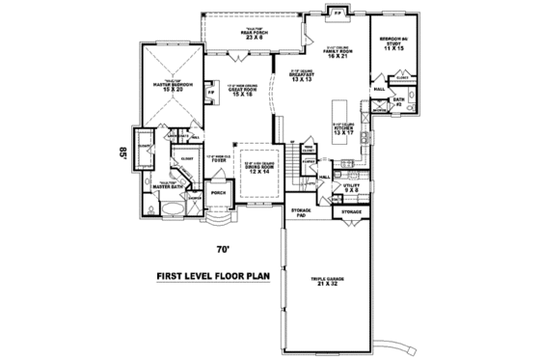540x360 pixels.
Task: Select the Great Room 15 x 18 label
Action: pyautogui.click(x=241, y=89)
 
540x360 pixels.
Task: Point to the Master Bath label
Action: pyautogui.click(x=170, y=184)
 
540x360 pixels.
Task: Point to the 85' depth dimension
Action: pyautogui.click(x=122, y=152)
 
